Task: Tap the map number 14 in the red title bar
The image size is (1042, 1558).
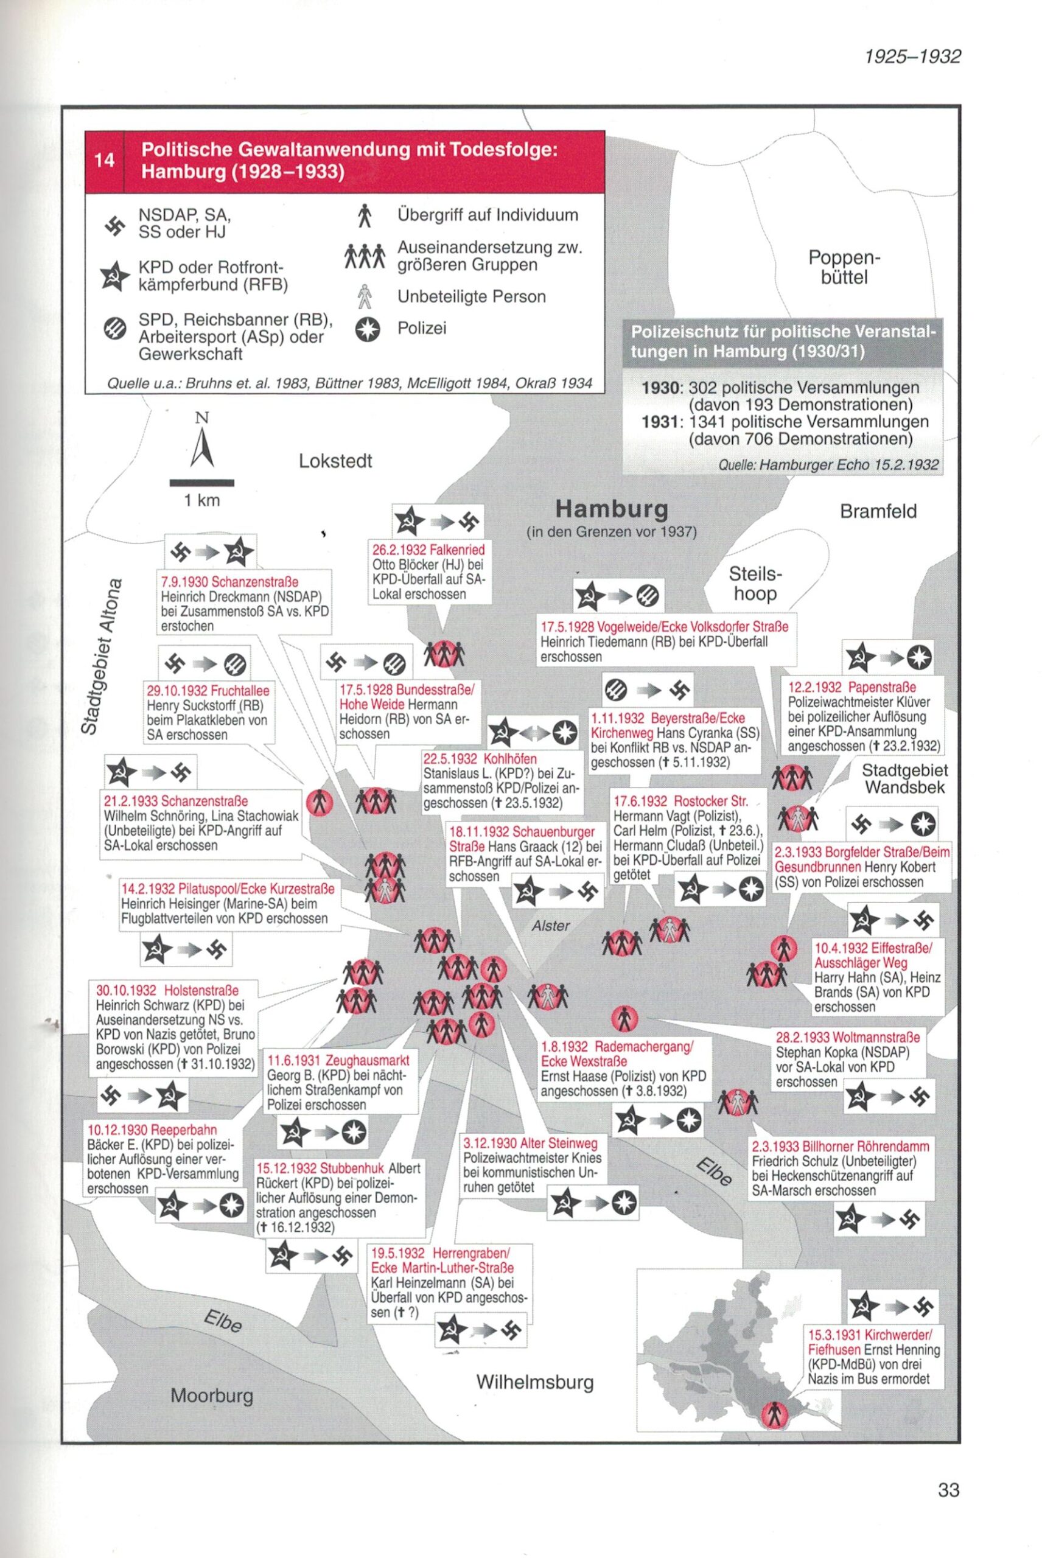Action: click(104, 160)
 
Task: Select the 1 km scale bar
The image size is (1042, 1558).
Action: click(201, 483)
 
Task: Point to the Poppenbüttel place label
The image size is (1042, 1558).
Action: click(844, 267)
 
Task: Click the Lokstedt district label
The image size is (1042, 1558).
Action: click(335, 461)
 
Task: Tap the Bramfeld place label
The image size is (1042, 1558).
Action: click(878, 511)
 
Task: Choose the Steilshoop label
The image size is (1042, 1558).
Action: click(755, 582)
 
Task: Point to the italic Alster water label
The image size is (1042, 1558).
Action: click(550, 925)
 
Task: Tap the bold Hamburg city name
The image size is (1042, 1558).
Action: click(611, 509)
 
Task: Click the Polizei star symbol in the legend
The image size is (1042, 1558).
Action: click(367, 329)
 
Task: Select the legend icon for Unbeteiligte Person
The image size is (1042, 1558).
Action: click(364, 297)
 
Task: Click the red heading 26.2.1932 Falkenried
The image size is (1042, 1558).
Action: click(428, 550)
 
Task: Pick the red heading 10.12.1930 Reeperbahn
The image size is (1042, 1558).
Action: click(152, 1130)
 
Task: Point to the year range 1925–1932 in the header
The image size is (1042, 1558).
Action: click(912, 57)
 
